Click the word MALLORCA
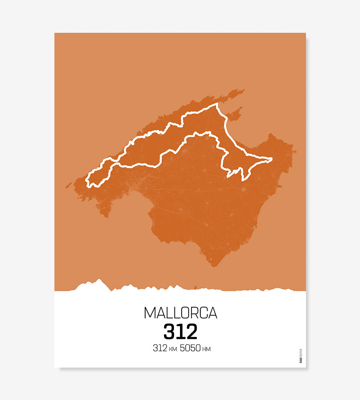pos(180,313)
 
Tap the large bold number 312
pos(180,332)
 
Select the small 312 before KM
pos(160,348)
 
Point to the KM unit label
pos(173,349)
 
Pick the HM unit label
pos(206,349)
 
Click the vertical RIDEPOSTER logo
pos(301,356)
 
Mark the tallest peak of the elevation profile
pos(98,280)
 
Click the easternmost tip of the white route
pos(272,159)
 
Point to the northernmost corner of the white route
pos(217,104)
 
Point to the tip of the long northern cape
pos(243,90)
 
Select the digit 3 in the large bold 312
pos(169,332)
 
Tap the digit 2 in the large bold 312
pos(192,332)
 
